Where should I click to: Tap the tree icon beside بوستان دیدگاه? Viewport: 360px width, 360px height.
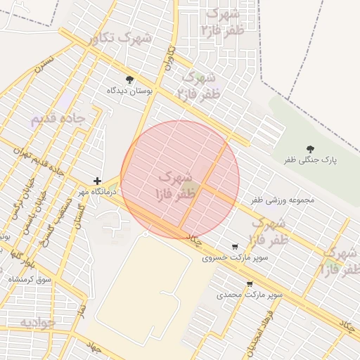pyautogui.click(x=129, y=79)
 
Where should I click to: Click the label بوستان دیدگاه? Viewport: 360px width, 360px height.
pyautogui.click(x=129, y=91)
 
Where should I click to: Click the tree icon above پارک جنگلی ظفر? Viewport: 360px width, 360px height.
pyautogui.click(x=310, y=148)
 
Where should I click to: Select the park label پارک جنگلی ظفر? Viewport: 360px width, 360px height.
pyautogui.click(x=310, y=160)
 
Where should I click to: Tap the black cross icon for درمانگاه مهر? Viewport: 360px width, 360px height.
pyautogui.click(x=97, y=181)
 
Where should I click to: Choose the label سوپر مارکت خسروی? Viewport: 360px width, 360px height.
pyautogui.click(x=226, y=258)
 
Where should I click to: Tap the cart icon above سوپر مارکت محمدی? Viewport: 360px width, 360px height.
pyautogui.click(x=250, y=284)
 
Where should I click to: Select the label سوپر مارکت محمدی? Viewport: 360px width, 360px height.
pyautogui.click(x=250, y=295)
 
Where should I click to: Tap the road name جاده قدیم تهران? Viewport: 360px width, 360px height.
pyautogui.click(x=46, y=162)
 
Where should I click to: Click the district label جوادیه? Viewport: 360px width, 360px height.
pyautogui.click(x=37, y=323)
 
